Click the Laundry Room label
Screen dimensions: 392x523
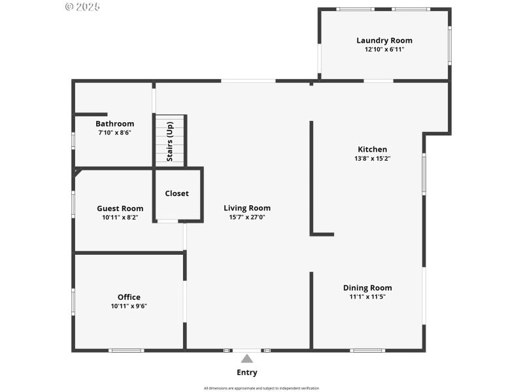(384, 41)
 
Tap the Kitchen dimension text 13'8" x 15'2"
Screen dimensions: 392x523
(372, 158)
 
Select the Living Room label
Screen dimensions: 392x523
(247, 208)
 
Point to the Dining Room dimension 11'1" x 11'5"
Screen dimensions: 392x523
(367, 297)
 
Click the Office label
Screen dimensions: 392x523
(129, 297)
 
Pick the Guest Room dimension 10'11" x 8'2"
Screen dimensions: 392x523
(120, 218)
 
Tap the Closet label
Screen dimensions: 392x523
(177, 193)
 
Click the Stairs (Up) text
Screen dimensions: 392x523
(170, 141)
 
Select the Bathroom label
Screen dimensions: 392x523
(114, 123)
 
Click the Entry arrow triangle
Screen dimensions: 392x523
(247, 359)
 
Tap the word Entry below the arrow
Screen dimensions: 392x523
(247, 372)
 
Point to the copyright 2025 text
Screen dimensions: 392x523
(82, 7)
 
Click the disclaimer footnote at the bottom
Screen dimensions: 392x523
(261, 388)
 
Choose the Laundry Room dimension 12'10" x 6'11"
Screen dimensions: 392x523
(384, 49)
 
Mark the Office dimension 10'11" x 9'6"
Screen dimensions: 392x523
(129, 306)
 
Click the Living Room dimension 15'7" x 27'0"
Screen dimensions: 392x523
(247, 217)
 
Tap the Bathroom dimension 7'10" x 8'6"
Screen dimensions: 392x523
(114, 132)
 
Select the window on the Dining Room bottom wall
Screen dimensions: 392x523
(367, 351)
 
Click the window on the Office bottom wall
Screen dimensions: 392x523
(126, 351)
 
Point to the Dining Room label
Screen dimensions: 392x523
(367, 287)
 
